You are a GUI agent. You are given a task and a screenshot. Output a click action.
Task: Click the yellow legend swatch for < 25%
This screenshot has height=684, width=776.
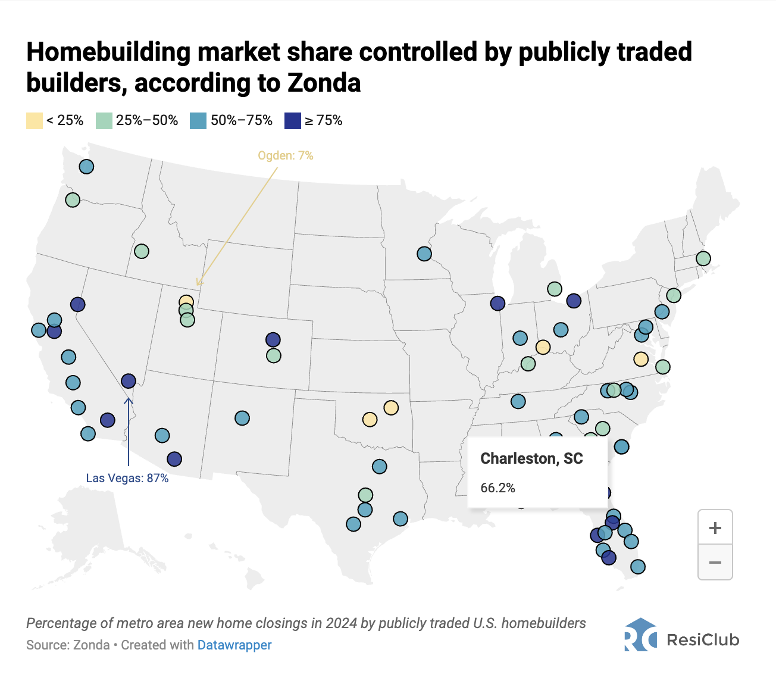[x=35, y=121]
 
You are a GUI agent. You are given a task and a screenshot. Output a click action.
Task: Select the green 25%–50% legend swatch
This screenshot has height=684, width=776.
[x=104, y=121]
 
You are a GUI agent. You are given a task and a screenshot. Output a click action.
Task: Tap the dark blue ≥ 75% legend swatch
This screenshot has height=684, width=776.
[x=293, y=121]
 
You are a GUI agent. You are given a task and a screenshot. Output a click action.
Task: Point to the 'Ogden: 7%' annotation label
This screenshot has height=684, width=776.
[x=285, y=156]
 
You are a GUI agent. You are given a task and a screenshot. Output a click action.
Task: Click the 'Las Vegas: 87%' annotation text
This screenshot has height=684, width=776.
[x=127, y=478]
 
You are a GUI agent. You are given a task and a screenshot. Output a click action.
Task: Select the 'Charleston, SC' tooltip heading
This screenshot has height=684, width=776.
[x=531, y=458]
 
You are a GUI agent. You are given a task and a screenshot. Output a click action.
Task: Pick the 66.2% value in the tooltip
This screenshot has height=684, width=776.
[x=497, y=488]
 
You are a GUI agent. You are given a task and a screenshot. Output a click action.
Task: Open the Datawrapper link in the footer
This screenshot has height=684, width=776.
[x=234, y=645]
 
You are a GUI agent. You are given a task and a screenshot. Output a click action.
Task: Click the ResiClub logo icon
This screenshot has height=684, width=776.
[x=640, y=635]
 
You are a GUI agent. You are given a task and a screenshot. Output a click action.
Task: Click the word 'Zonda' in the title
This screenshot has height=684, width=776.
[x=324, y=83]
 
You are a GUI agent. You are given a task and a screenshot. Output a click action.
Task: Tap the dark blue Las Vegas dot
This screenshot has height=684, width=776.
[x=129, y=380]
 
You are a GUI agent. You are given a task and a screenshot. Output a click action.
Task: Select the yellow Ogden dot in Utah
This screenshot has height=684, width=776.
[x=186, y=302]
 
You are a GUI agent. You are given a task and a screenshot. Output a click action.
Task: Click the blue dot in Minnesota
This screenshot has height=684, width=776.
[x=424, y=254]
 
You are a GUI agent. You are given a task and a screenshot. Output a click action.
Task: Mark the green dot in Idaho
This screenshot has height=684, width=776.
[x=142, y=251]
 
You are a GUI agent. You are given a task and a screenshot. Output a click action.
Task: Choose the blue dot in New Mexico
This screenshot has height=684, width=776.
[x=242, y=418]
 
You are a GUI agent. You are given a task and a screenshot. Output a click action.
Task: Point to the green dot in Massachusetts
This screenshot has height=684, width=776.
[x=703, y=258]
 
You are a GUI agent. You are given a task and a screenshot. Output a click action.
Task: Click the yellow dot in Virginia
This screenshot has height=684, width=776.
[x=641, y=359]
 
